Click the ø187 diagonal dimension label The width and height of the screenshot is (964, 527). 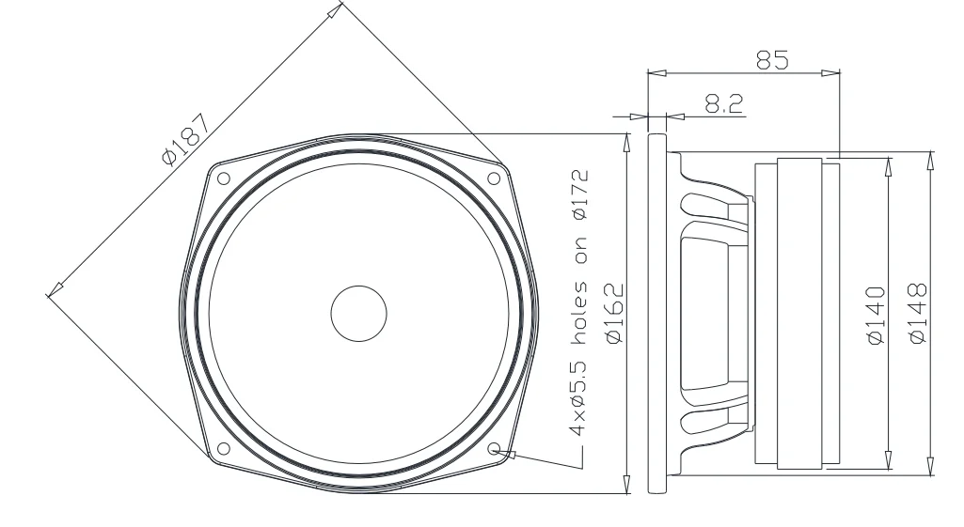click(186, 138)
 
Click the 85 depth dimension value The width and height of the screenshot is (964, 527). click(772, 58)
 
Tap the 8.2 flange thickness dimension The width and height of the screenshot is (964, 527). click(721, 103)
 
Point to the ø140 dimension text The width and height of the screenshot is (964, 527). click(875, 315)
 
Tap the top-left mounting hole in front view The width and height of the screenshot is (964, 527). click(223, 178)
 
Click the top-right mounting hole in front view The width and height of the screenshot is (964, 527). click(494, 178)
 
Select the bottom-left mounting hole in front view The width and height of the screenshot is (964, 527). click(223, 448)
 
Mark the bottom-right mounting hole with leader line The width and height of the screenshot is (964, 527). click(494, 448)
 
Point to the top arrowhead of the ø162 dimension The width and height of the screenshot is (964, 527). click(627, 139)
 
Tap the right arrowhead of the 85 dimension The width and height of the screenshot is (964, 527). click(833, 71)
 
